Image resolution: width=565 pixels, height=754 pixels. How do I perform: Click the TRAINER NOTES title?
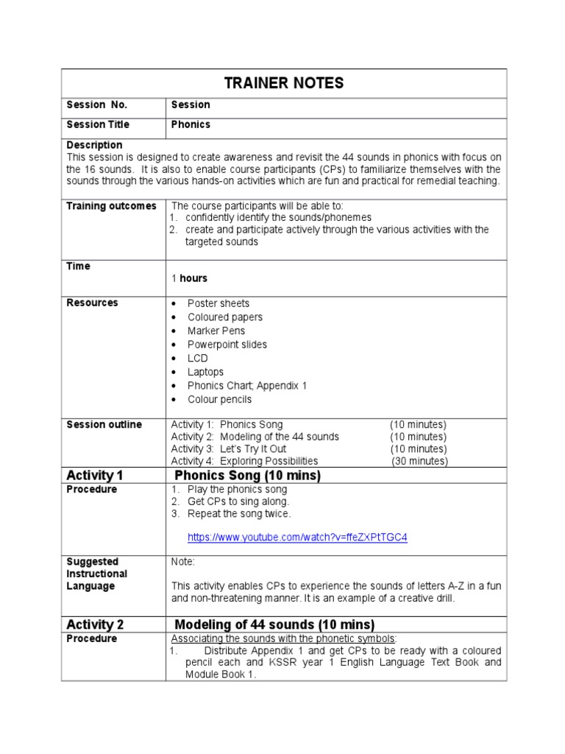tap(283, 83)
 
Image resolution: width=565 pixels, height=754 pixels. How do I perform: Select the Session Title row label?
tap(97, 124)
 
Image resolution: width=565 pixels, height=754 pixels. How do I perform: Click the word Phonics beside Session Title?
tap(191, 124)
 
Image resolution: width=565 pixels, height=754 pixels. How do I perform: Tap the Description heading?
tap(94, 145)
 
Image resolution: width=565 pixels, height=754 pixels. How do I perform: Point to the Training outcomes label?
tap(111, 205)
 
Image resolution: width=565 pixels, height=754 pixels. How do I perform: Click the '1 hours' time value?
tap(189, 278)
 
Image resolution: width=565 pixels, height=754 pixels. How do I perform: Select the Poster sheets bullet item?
tap(218, 303)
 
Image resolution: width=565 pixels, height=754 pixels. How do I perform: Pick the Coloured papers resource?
tap(224, 317)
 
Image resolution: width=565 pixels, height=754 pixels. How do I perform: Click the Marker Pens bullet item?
tap(216, 331)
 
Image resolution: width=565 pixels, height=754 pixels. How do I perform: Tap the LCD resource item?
tap(197, 359)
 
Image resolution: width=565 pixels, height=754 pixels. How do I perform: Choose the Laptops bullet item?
tap(205, 372)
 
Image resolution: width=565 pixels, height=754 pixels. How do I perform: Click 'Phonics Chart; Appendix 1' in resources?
tap(246, 386)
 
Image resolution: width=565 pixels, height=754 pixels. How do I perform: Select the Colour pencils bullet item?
tap(219, 399)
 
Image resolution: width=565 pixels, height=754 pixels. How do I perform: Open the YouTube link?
tap(297, 538)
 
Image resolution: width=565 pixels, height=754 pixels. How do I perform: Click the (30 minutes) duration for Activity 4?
tap(419, 461)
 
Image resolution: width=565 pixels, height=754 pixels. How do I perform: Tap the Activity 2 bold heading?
tap(95, 624)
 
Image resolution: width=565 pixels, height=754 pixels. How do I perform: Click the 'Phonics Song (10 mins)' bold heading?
tap(247, 476)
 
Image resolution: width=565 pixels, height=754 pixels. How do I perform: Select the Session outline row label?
tap(104, 425)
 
